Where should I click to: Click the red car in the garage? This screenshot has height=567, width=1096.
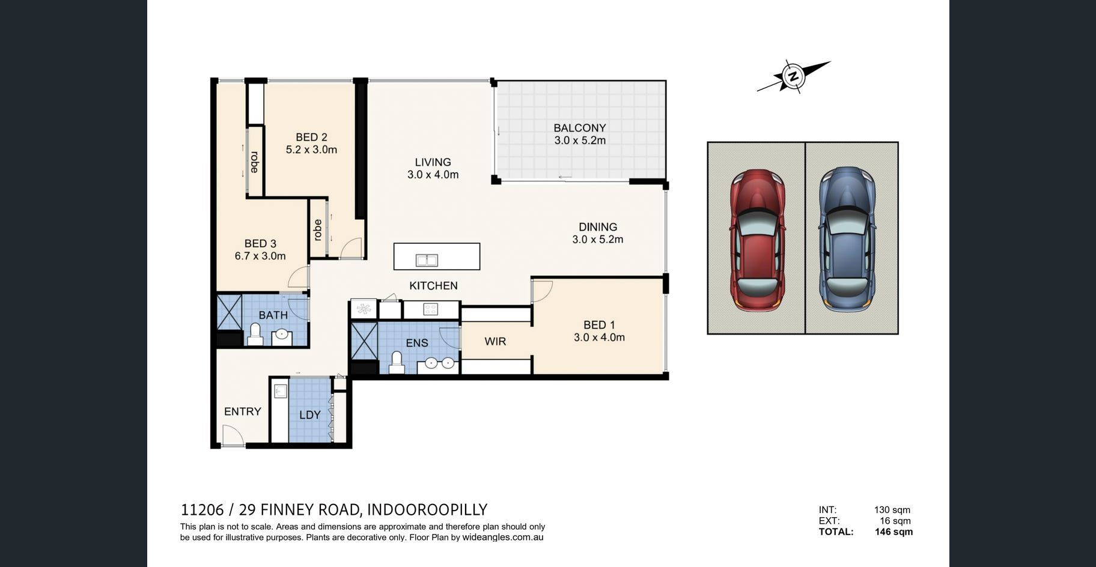[x=758, y=240]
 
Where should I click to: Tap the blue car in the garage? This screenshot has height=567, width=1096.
[x=847, y=239]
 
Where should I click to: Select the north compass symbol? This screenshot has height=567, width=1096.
[x=794, y=76]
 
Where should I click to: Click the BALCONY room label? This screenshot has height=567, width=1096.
[x=579, y=128]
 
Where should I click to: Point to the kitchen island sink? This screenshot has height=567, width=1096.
[x=427, y=260]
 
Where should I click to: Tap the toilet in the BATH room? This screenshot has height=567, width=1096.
[x=255, y=335]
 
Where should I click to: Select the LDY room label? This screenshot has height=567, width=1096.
[x=310, y=415]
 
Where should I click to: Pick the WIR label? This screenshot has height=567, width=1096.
[x=495, y=342]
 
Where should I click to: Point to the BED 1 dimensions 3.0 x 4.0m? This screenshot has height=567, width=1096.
[x=599, y=338]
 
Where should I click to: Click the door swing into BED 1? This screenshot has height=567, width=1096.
[x=542, y=291]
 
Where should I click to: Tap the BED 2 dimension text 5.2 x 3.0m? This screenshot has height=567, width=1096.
[x=311, y=150]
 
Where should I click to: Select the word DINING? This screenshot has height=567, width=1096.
[x=598, y=227]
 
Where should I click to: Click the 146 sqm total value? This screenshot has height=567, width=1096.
[x=894, y=532]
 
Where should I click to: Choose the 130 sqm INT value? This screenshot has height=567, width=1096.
[x=892, y=510]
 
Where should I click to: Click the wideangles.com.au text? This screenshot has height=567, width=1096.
[x=503, y=538]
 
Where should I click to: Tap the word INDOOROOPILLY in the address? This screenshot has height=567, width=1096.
[x=427, y=510]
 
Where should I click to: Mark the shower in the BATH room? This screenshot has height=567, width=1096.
[x=229, y=312]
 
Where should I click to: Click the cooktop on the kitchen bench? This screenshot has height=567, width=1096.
[x=430, y=309]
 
